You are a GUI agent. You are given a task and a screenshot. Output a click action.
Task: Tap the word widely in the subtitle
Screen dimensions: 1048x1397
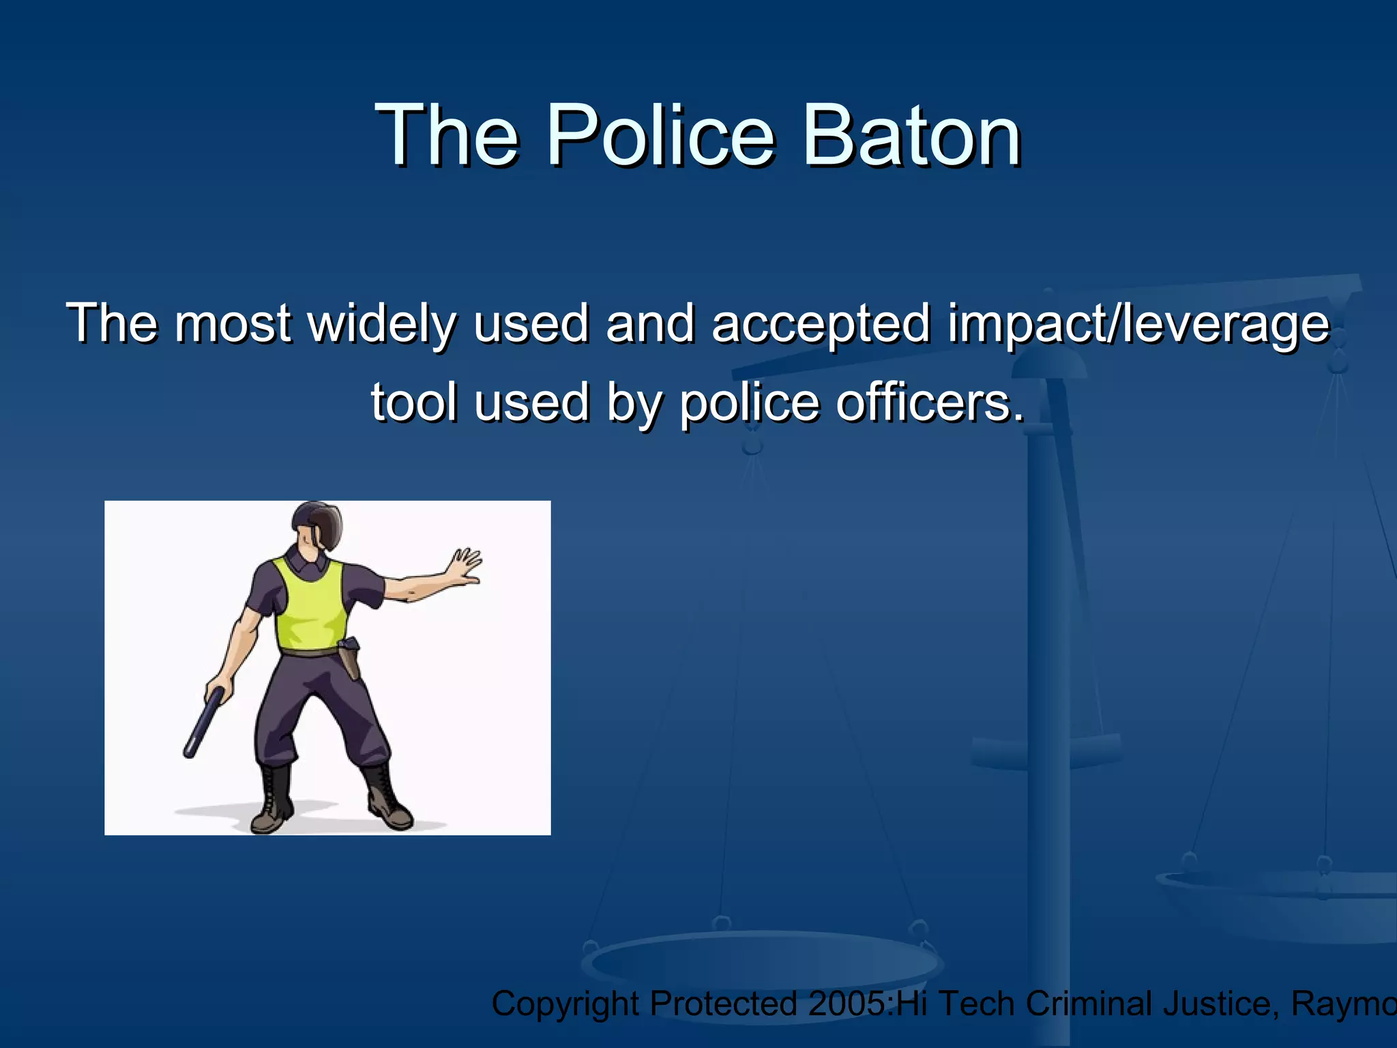382,323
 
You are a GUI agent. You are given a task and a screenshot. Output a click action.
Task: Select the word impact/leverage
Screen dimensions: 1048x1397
1138,325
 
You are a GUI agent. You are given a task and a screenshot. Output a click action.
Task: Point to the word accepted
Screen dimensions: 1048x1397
821,325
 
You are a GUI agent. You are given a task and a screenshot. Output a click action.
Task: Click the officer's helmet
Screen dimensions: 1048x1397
318,524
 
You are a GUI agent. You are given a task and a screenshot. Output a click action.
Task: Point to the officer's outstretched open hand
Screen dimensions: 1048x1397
464,566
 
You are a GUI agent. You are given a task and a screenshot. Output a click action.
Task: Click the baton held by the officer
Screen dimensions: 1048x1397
204,722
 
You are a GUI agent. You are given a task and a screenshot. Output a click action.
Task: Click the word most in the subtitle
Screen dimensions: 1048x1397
232,323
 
